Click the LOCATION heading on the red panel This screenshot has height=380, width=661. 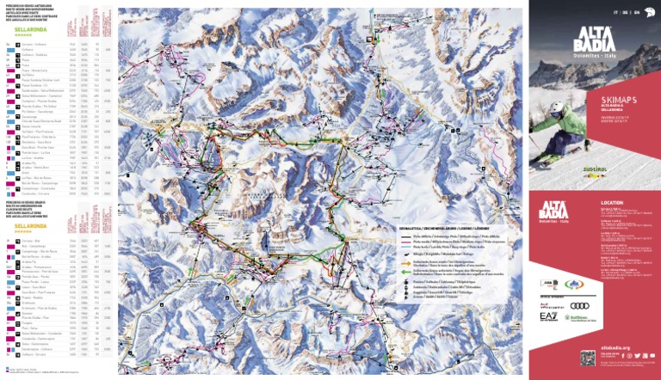pyautogui.click(x=601, y=204)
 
